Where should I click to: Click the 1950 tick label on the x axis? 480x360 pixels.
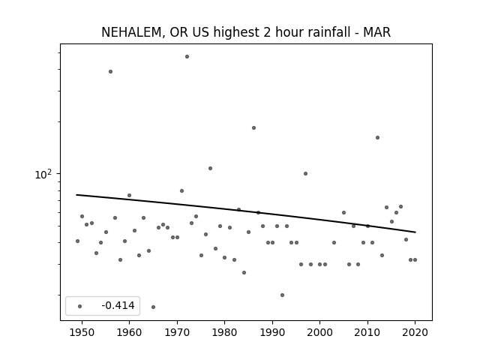point(82,332)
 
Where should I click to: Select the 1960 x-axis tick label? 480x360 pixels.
point(129,332)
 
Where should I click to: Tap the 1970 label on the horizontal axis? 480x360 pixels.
point(177,332)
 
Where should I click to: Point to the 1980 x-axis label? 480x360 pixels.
point(225,332)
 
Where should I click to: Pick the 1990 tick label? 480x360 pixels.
point(272,332)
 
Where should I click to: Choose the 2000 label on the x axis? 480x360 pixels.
point(320,332)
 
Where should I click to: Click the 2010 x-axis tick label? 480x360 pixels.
point(367,332)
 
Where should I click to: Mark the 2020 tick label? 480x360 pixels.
point(415,332)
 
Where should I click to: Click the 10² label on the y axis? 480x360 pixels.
point(43,174)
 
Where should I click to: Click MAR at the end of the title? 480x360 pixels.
point(376,32)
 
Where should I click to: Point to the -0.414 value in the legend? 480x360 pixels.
point(118,305)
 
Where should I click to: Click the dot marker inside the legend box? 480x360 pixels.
point(80,306)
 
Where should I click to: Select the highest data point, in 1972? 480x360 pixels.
point(187,57)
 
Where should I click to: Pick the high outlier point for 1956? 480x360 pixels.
point(110,72)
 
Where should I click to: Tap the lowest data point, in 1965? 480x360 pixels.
point(153,307)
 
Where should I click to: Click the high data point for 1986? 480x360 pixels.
point(253,128)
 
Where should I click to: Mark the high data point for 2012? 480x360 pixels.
point(377,138)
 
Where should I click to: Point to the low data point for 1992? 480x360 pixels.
point(282,295)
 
